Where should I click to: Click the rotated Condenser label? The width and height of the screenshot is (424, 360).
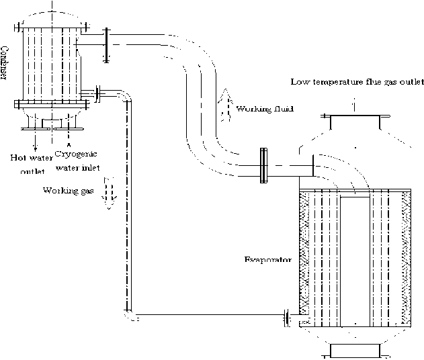tap(4, 64)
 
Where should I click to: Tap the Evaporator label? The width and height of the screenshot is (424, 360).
tap(268, 260)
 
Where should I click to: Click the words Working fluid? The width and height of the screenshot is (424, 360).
tap(265, 109)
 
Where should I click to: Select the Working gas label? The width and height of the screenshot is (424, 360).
tap(69, 191)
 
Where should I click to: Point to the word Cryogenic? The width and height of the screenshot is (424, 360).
tap(76, 154)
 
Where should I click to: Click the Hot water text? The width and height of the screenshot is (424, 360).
tap(32, 158)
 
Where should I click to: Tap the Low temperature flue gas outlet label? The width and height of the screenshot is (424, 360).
tap(357, 82)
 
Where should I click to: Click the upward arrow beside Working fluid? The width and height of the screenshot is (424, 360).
tap(225, 105)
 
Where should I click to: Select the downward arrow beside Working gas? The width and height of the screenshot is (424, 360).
tap(109, 193)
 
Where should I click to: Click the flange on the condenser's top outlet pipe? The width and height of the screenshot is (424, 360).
tap(107, 45)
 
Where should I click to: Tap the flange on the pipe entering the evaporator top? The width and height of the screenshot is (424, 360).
tap(263, 165)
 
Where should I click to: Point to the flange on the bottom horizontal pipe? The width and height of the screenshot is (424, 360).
tap(287, 318)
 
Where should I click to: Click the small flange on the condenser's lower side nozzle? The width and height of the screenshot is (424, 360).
tap(97, 94)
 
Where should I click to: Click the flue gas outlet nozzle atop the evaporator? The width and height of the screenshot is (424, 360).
tap(355, 122)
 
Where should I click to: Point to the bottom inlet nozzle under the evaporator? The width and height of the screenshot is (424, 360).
tap(355, 351)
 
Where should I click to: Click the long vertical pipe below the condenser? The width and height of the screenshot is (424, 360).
tap(128, 206)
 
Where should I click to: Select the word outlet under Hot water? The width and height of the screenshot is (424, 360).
tap(32, 171)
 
